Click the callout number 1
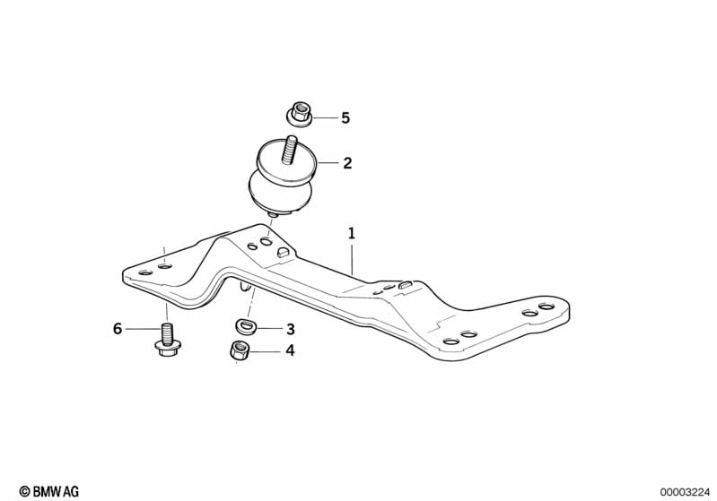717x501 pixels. pos(351,234)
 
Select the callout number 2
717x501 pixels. pos(347,163)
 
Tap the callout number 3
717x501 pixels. pos(291,329)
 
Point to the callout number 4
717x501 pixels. pos(291,350)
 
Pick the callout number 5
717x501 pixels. pos(345,117)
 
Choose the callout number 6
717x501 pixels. pos(118,328)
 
